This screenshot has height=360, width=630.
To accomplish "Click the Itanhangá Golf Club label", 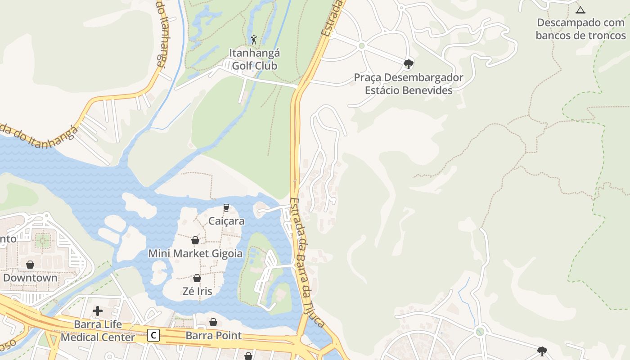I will pyautogui.click(x=255, y=59).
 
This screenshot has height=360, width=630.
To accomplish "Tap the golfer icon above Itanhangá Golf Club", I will pyautogui.click(x=254, y=40).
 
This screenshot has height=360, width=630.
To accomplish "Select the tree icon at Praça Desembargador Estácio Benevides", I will pyautogui.click(x=409, y=64).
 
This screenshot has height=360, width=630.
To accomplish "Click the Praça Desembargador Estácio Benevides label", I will pyautogui.click(x=408, y=84).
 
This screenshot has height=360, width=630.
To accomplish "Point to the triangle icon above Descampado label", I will pyautogui.click(x=580, y=10).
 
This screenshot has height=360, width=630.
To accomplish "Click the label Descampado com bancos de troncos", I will pyautogui.click(x=581, y=29).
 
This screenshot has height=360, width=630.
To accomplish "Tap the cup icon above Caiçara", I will pyautogui.click(x=226, y=208).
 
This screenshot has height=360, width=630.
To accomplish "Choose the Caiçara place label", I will pyautogui.click(x=226, y=221).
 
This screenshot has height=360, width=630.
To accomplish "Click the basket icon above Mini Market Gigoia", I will pyautogui.click(x=195, y=240).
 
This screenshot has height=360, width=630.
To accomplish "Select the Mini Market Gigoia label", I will pyautogui.click(x=195, y=253).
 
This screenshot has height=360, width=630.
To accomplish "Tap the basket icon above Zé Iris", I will pyautogui.click(x=197, y=278).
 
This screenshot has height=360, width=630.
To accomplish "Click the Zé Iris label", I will pyautogui.click(x=197, y=291).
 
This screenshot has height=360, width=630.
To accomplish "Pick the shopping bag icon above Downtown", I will pyautogui.click(x=30, y=265).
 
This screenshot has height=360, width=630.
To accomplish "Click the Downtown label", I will pyautogui.click(x=30, y=278).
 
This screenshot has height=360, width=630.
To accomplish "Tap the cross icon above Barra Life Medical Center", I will pyautogui.click(x=98, y=311).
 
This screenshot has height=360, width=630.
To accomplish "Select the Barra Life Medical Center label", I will pyautogui.click(x=98, y=331).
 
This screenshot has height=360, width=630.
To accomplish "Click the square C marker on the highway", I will pyautogui.click(x=154, y=335).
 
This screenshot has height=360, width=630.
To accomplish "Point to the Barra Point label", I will pyautogui.click(x=213, y=336).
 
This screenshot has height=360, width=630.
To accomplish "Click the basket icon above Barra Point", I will pyautogui.click(x=213, y=322).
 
